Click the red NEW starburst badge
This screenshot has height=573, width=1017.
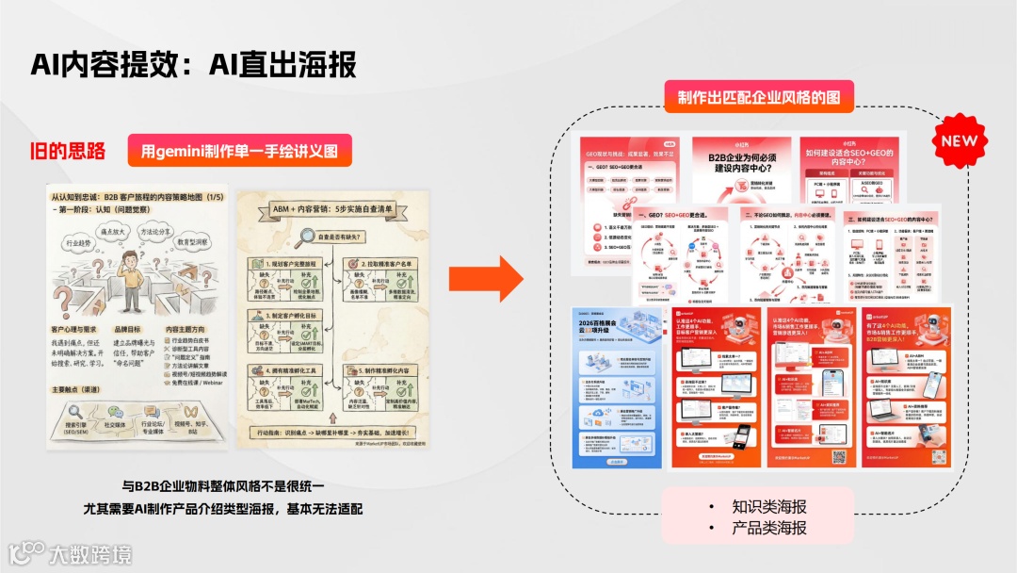click(959, 142)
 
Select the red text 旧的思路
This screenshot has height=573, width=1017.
click(68, 151)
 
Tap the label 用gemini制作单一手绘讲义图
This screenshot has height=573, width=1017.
click(239, 151)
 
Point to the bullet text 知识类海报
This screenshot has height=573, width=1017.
click(768, 506)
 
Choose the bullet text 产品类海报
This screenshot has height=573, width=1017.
click(768, 529)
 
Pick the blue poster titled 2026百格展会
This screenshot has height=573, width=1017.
click(618, 386)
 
